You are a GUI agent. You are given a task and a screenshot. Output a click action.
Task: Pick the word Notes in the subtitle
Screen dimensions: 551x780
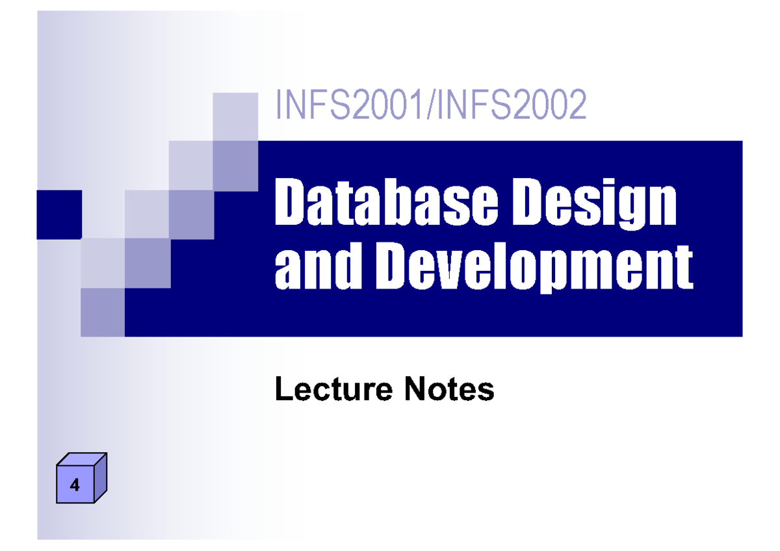[449, 390]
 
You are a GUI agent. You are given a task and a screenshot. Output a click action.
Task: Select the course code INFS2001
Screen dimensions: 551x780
[348, 106]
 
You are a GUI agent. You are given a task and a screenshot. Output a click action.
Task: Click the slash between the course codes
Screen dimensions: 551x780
[430, 106]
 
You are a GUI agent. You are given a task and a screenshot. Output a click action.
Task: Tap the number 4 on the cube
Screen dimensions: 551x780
[75, 485]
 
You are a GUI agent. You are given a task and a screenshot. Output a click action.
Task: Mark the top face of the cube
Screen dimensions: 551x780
[82, 459]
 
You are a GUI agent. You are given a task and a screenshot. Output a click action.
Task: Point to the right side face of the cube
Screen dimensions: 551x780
[100, 477]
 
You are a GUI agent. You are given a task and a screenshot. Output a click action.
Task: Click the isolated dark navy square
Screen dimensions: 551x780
[59, 214]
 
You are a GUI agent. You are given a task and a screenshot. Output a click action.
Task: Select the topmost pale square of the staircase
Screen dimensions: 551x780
[235, 116]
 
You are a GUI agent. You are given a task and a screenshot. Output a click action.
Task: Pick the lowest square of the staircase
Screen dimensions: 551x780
[103, 312]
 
